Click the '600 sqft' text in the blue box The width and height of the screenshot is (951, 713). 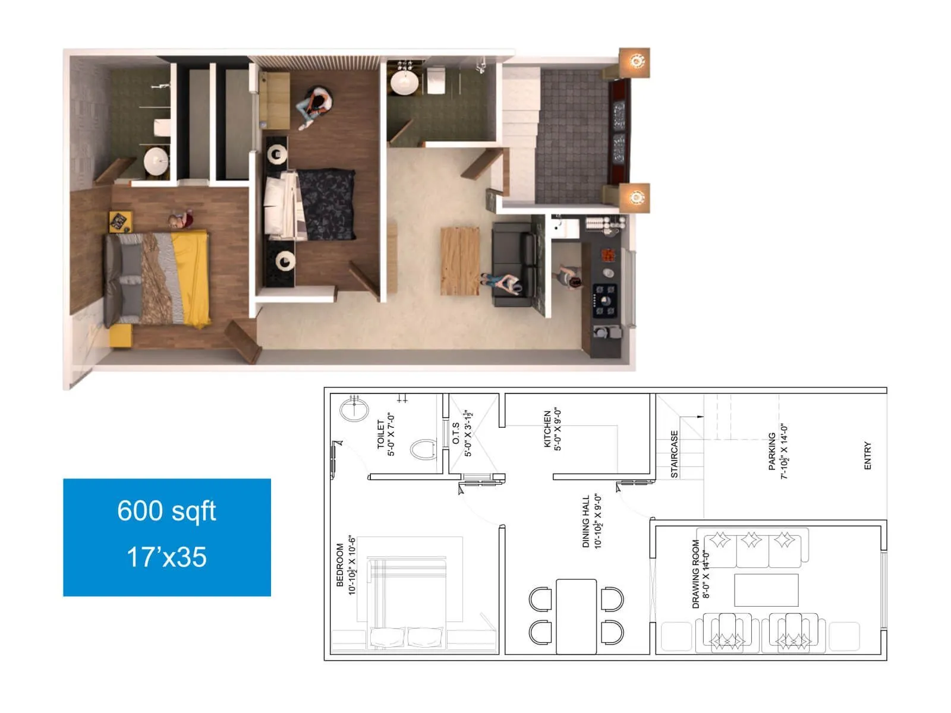166,511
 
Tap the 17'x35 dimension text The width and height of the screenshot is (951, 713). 166,557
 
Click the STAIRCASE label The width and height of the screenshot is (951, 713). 674,454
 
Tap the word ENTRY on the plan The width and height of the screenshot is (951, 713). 867,456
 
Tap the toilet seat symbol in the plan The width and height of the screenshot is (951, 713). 423,449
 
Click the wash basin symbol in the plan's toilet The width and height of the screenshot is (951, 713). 354,409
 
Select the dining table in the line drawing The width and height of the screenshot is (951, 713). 576,616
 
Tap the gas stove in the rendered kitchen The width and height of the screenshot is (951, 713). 605,300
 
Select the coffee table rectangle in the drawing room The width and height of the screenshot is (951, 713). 766,589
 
